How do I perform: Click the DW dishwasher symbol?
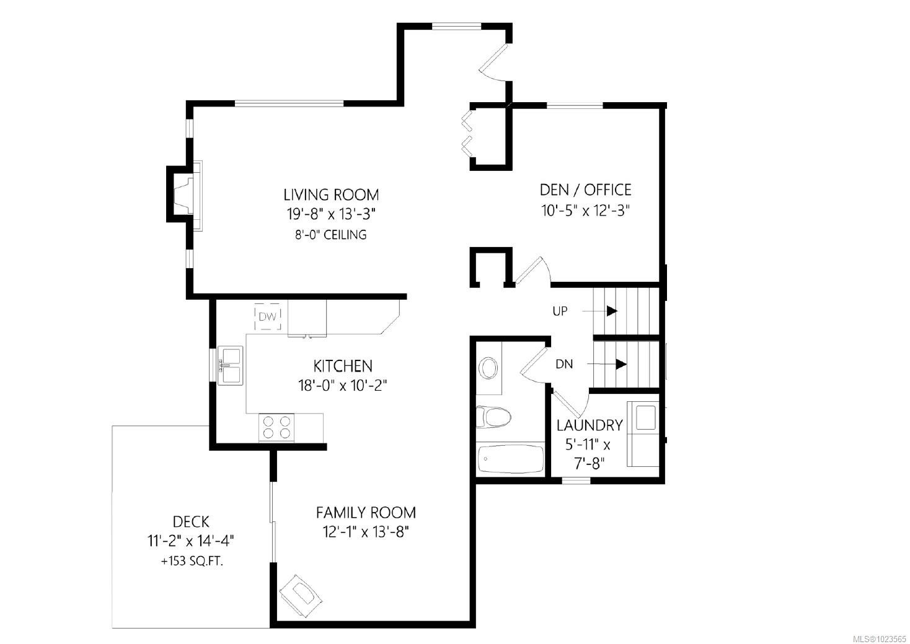click(x=268, y=317)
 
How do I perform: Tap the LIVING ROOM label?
click(x=331, y=194)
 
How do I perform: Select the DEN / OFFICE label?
click(x=585, y=189)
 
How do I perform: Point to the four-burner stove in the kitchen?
click(x=276, y=427)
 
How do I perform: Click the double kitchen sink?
click(x=230, y=365)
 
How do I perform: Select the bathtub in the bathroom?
click(x=510, y=459)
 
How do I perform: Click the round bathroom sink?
click(x=488, y=368)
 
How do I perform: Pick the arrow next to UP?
click(x=611, y=311)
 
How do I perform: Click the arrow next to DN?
click(x=621, y=364)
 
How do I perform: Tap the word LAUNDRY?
click(x=589, y=425)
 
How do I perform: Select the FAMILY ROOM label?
click(x=366, y=513)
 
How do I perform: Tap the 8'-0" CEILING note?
click(x=331, y=235)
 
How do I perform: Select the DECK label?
click(x=191, y=521)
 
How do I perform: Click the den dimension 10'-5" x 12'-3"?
click(x=585, y=210)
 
